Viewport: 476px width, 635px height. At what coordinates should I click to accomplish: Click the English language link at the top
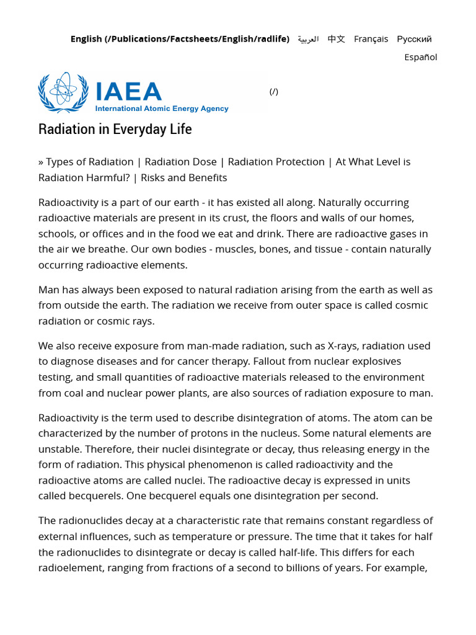tap(180, 39)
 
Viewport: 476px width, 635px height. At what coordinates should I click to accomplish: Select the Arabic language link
tap(308, 39)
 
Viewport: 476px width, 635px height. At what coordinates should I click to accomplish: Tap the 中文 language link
tap(336, 39)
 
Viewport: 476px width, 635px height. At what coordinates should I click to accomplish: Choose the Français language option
tap(371, 39)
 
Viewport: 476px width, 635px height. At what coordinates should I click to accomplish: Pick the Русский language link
tap(414, 39)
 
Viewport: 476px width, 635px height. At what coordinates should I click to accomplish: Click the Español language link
tap(421, 57)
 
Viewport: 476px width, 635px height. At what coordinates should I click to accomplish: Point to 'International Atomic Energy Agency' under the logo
tap(161, 109)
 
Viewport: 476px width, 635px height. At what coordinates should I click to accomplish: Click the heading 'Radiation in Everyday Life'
tap(115, 129)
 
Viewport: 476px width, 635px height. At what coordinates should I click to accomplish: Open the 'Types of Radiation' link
tap(89, 162)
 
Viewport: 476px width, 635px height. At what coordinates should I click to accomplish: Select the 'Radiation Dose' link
tap(180, 162)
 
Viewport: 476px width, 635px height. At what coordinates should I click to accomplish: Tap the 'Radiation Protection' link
tap(276, 162)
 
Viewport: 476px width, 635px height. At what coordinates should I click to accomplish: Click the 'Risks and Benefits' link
tap(183, 178)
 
